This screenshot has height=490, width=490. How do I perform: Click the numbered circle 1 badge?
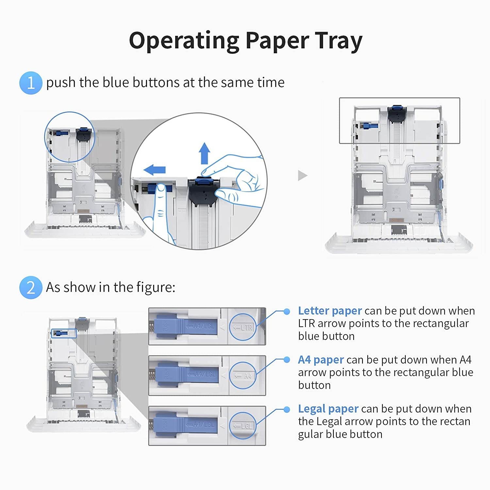click(x=31, y=83)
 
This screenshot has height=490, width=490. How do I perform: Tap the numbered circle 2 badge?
click(x=31, y=287)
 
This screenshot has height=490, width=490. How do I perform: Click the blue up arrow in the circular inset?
click(x=204, y=153)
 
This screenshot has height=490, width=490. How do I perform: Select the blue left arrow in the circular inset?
click(x=155, y=170)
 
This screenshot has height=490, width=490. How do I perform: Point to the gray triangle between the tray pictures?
click(x=302, y=176)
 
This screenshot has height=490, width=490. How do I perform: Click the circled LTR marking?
click(x=243, y=327)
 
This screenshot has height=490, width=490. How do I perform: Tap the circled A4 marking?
click(x=243, y=376)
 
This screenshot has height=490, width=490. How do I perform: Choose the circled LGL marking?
click(x=243, y=426)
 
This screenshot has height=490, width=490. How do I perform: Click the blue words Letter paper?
click(x=330, y=311)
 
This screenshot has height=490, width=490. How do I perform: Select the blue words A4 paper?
click(x=321, y=360)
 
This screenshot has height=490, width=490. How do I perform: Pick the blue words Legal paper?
click(x=328, y=409)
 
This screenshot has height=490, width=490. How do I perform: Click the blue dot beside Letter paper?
click(x=286, y=312)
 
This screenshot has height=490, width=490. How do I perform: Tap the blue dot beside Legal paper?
click(x=286, y=409)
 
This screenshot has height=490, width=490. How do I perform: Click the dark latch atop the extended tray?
click(x=397, y=114)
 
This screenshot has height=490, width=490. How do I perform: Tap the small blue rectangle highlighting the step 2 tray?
click(x=64, y=333)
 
